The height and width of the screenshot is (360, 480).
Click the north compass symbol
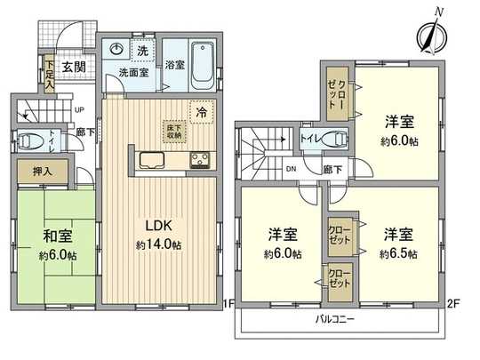429,36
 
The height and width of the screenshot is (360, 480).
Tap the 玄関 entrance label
73,66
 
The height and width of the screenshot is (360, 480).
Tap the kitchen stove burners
200,161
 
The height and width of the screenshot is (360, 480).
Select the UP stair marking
80,110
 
